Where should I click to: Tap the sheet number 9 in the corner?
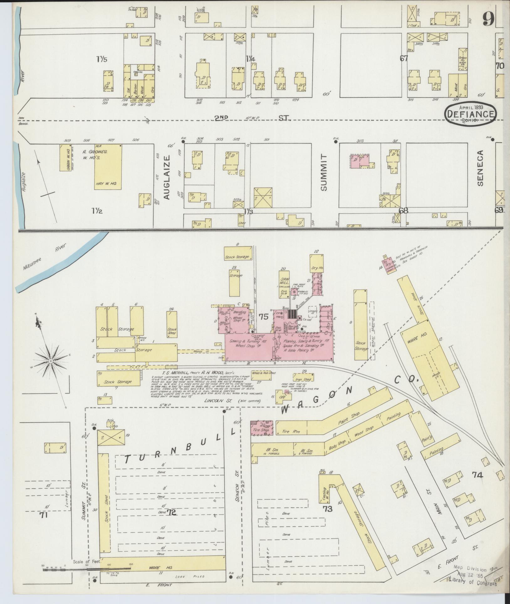coord(488,19)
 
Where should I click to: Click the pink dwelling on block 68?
coord(360,161)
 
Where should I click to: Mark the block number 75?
coord(263,317)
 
